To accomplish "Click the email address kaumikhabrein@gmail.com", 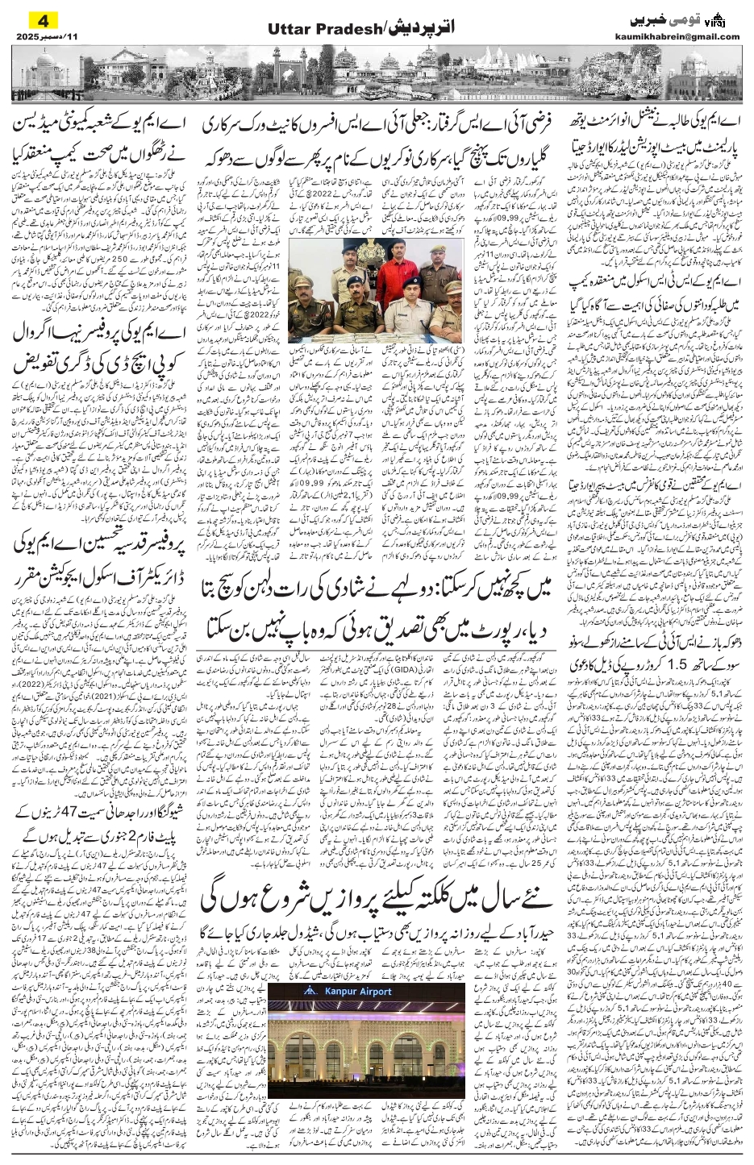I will pos(688,36).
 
